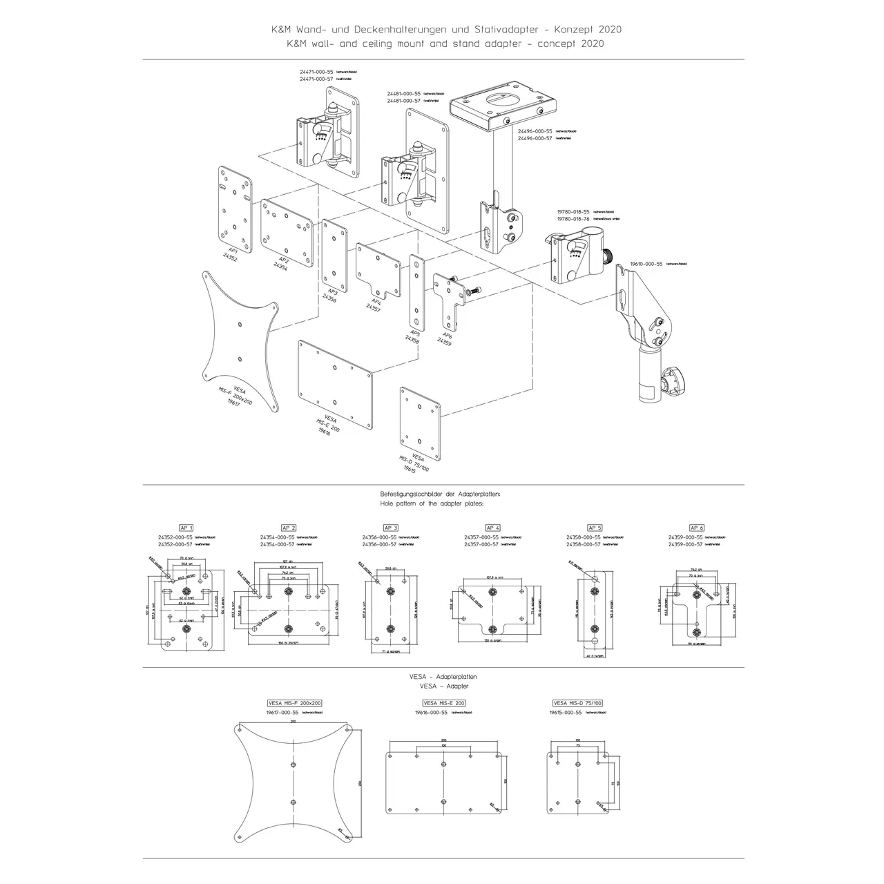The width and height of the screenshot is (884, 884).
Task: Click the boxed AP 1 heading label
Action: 186,528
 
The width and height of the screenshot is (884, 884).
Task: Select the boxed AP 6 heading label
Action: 697,528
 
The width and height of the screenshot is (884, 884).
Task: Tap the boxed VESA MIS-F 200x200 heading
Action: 295,703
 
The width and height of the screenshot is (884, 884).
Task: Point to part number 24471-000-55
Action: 316,72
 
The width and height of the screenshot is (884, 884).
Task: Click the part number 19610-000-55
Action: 646,264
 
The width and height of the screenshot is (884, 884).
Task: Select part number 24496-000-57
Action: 530,138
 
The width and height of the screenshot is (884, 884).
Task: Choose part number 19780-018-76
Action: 573,218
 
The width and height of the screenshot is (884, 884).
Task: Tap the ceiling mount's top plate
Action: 502,104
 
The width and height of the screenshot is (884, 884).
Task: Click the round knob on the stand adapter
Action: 672,383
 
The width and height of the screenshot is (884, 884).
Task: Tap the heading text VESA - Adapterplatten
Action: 443,677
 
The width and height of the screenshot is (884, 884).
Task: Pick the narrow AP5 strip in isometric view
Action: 416,291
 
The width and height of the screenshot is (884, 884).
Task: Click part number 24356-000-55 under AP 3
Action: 379,537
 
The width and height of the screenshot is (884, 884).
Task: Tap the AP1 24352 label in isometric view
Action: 231,253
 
